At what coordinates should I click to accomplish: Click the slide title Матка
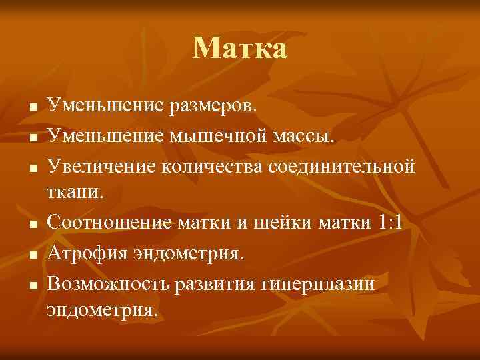[x=240, y=49]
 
